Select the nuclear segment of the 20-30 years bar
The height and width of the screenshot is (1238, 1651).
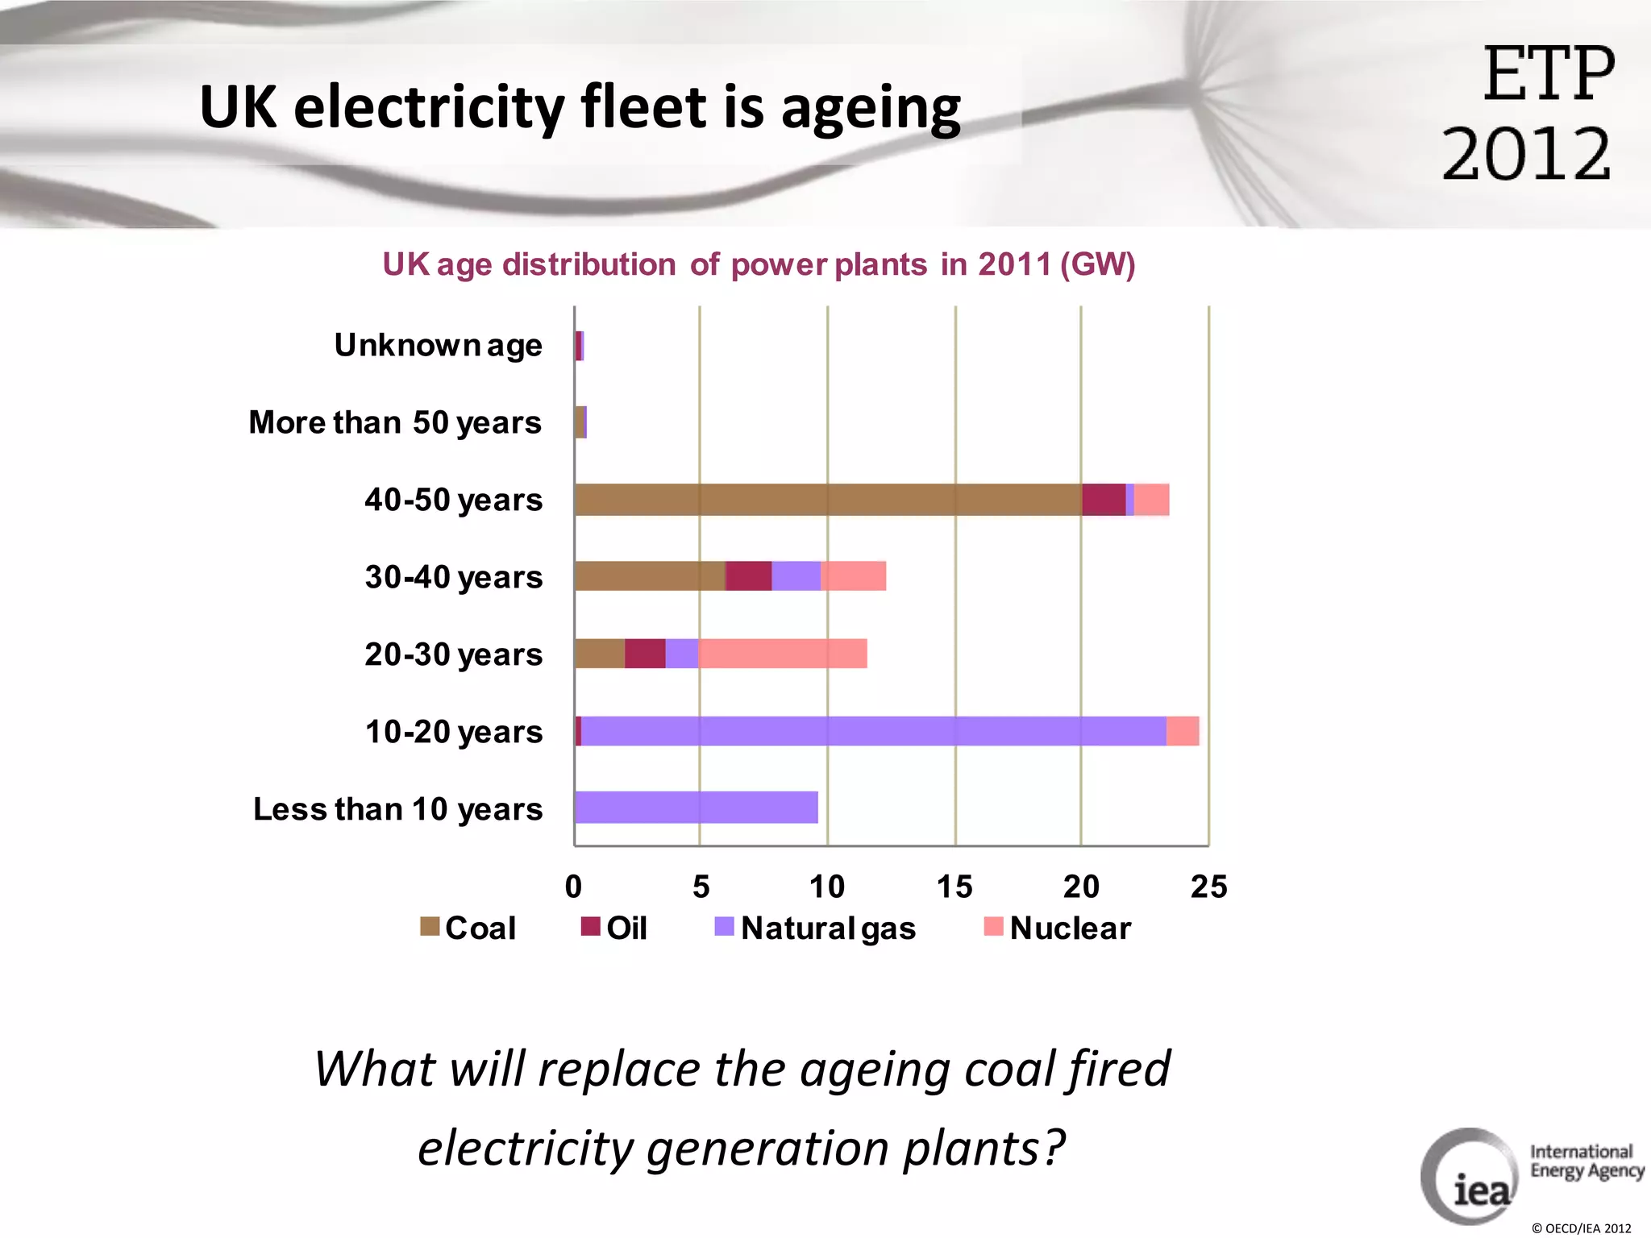pos(782,654)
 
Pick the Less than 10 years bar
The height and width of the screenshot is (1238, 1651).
pos(697,808)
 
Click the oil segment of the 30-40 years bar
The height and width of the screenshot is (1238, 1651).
pos(748,576)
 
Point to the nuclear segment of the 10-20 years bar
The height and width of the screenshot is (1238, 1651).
pos(1183,731)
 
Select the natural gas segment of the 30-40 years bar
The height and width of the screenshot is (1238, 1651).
pos(796,576)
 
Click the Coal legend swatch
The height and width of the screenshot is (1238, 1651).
pos(430,927)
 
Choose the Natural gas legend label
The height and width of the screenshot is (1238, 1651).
pos(828,928)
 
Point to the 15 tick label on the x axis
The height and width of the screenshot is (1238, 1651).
pos(954,887)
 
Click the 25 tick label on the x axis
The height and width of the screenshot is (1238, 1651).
pos(1208,887)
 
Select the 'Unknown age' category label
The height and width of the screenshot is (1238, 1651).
pos(438,346)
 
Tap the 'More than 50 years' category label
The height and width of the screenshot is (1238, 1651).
pos(395,422)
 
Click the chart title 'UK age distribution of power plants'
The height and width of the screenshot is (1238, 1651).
pos(759,264)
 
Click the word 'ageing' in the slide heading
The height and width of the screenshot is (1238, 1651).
pos(871,108)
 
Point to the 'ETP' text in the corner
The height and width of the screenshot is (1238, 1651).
pos(1549,74)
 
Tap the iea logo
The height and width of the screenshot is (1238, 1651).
pos(1471,1178)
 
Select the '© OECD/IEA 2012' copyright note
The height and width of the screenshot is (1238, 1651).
pos(1581,1228)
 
